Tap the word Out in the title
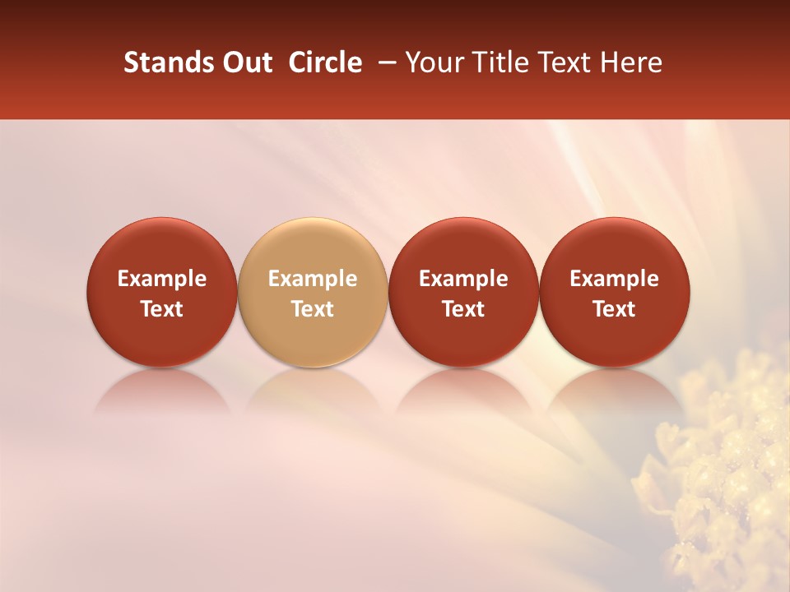pyautogui.click(x=245, y=62)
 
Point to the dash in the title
pyautogui.click(x=383, y=62)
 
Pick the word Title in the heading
pyautogui.click(x=500, y=62)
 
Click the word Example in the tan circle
pyautogui.click(x=313, y=280)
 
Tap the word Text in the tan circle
pyautogui.click(x=313, y=309)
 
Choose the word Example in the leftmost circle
pyautogui.click(x=162, y=280)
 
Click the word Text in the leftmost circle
pyautogui.click(x=162, y=309)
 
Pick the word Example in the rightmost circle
pyautogui.click(x=614, y=280)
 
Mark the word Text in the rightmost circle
pyautogui.click(x=614, y=309)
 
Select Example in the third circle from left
pyautogui.click(x=463, y=280)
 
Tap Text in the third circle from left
pyautogui.click(x=463, y=309)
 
